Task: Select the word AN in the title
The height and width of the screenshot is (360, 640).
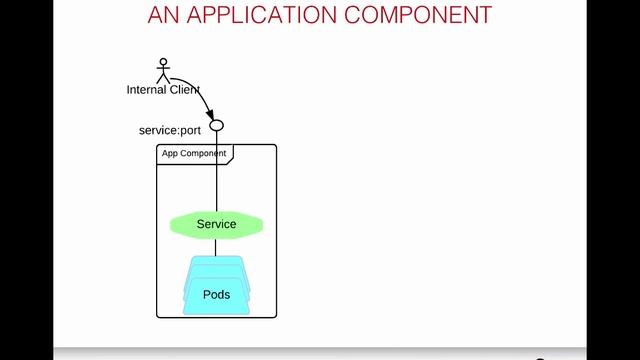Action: tap(164, 15)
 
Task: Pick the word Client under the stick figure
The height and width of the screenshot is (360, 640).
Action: tap(187, 90)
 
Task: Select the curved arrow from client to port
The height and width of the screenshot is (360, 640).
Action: tap(198, 92)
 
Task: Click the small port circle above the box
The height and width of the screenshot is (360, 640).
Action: tap(216, 126)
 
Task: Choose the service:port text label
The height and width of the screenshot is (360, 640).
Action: tap(169, 131)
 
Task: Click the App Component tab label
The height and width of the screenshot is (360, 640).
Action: tap(194, 154)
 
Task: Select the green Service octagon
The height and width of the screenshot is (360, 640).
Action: tap(216, 225)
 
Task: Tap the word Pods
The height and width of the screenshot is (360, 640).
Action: tap(216, 295)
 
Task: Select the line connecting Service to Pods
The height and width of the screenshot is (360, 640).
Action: tap(216, 247)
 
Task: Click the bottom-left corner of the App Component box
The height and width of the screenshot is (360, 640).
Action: tap(158, 316)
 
